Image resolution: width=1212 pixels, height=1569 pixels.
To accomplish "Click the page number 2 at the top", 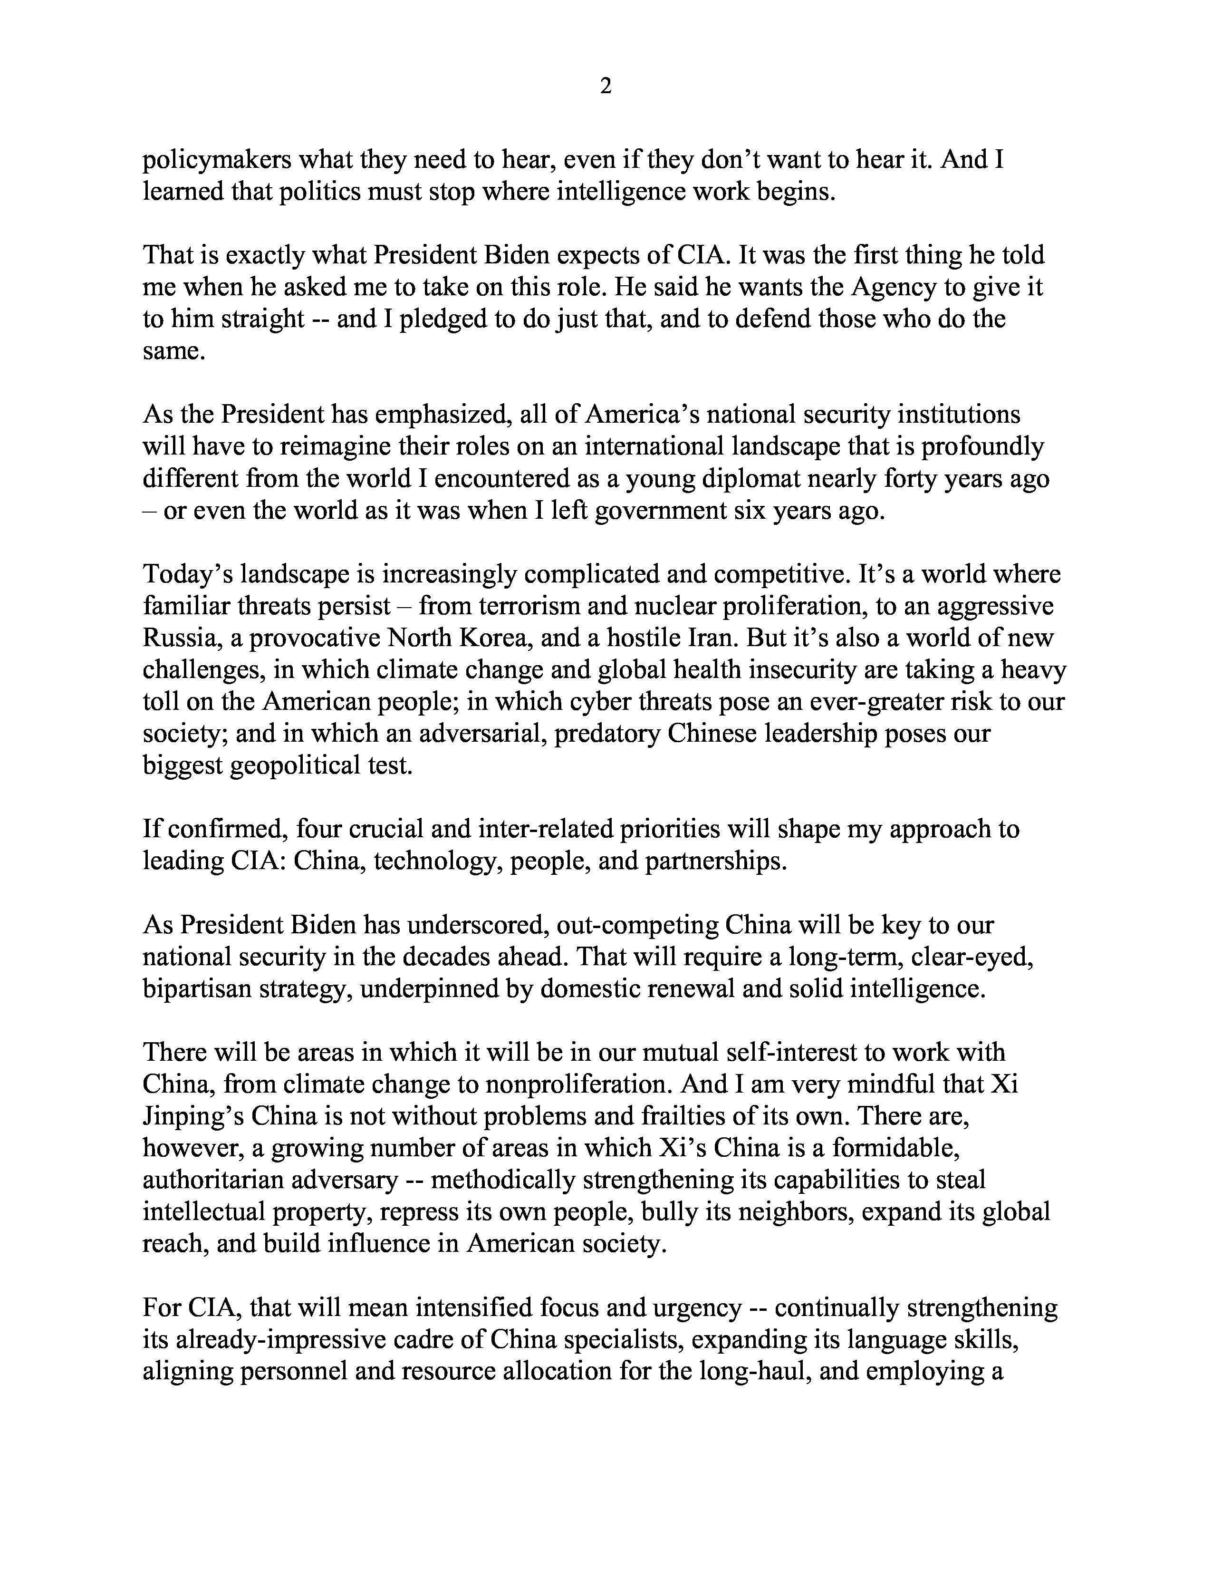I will click(605, 87).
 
